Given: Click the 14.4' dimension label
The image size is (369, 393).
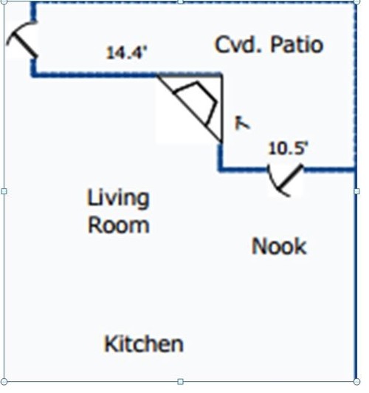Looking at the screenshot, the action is click(x=126, y=53).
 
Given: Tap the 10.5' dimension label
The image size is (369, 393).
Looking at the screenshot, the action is click(x=288, y=148).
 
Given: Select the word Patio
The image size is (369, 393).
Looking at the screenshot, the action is click(x=297, y=44).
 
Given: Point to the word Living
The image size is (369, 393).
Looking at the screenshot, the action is click(x=118, y=199).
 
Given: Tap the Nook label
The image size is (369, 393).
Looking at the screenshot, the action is click(x=279, y=246).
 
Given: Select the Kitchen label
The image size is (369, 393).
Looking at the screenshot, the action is click(x=143, y=344).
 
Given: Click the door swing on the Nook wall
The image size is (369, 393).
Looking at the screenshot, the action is click(x=285, y=180).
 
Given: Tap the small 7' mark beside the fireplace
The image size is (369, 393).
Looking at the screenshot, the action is click(x=242, y=123).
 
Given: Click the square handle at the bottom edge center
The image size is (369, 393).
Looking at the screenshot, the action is click(x=180, y=382).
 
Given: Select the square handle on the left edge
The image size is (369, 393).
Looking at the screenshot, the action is click(x=4, y=191).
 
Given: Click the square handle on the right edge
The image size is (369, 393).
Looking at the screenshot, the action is click(x=357, y=191).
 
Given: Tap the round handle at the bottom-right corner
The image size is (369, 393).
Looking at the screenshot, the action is click(x=357, y=382).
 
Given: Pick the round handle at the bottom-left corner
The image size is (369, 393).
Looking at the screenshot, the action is click(x=4, y=382).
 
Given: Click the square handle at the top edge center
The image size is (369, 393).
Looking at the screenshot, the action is click(x=180, y=1).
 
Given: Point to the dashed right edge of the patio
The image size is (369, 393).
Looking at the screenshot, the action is click(x=355, y=85).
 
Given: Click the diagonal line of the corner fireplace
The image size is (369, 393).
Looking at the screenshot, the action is click(x=190, y=109).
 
